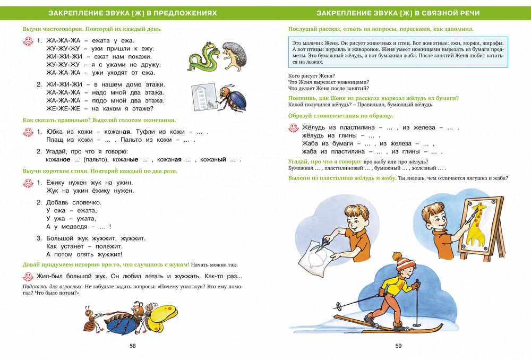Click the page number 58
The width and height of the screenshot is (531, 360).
click(x=133, y=346)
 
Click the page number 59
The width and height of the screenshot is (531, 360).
click(x=398, y=346)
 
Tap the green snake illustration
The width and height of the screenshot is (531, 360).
click(x=203, y=57)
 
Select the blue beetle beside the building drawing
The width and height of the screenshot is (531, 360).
click(x=233, y=98)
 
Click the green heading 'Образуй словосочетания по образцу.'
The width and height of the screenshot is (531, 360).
click(x=340, y=116)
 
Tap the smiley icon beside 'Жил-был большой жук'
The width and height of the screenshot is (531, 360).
click(x=29, y=276)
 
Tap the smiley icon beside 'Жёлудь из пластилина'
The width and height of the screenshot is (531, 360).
click(x=293, y=128)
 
